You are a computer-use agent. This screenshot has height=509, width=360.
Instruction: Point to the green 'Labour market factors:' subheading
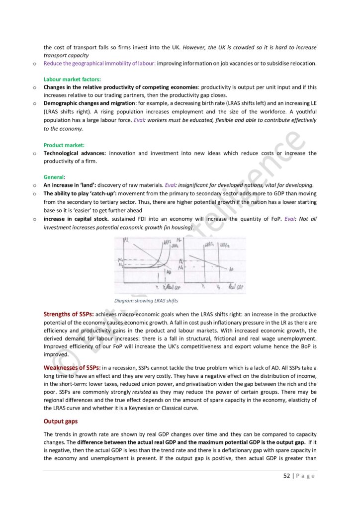pos(72,79)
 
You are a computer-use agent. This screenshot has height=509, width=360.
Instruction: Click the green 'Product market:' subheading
pos(65,145)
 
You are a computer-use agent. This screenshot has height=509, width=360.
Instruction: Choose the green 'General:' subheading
pos(55,176)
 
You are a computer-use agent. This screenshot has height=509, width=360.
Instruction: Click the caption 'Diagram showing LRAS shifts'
pos(146,300)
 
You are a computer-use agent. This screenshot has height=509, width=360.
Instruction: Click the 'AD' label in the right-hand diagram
pos(232,269)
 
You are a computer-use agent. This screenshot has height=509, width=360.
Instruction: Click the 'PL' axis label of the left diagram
pos(126,243)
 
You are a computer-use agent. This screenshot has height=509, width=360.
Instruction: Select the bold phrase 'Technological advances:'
pos(75,153)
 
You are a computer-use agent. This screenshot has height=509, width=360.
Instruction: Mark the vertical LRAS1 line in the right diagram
pos(204,263)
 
